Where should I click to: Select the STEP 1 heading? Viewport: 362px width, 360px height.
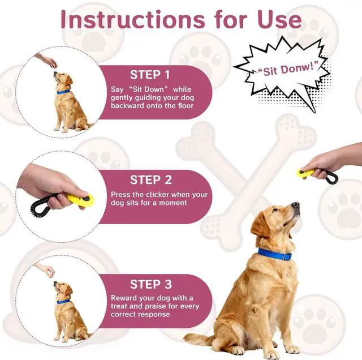(150, 75)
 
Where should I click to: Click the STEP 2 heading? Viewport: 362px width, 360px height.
(150, 180)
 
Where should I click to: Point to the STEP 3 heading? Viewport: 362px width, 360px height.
(150, 284)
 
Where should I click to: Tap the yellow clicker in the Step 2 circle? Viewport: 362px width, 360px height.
(79, 199)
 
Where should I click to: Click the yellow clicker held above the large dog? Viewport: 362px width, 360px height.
(306, 172)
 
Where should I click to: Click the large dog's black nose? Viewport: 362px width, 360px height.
(295, 204)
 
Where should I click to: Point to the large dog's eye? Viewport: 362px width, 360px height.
(278, 212)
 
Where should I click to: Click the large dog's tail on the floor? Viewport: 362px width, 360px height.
(198, 340)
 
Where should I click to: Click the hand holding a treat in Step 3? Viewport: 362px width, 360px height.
(45, 269)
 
